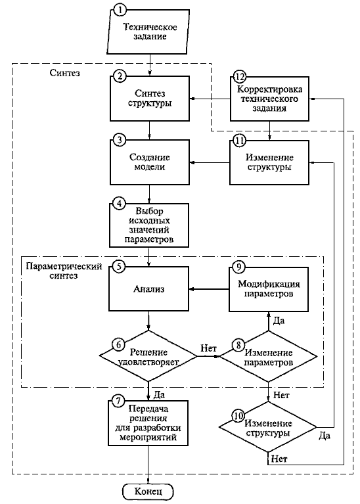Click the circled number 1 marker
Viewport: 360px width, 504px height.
pyautogui.click(x=120, y=10)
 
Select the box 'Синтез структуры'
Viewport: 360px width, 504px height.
pyautogui.click(x=150, y=99)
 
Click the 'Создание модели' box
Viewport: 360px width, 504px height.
pyautogui.click(x=150, y=162)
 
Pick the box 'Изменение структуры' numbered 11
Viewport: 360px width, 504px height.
pyautogui.click(x=269, y=162)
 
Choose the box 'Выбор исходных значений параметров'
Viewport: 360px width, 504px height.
pyautogui.click(x=149, y=225)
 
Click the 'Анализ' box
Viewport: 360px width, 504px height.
pyautogui.click(x=148, y=289)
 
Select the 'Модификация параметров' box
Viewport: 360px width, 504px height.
pyautogui.click(x=269, y=289)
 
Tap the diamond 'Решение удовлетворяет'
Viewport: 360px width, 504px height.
pyautogui.click(x=148, y=356)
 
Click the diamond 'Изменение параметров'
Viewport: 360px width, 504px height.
pyautogui.click(x=269, y=357)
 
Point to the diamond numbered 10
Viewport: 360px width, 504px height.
pyautogui.click(x=268, y=428)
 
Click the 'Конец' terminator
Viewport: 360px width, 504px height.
pyautogui.click(x=148, y=492)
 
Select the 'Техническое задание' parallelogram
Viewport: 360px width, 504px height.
pyautogui.click(x=150, y=32)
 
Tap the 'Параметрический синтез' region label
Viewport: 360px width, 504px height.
pyautogui.click(x=64, y=271)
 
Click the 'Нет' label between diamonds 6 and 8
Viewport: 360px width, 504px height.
pyautogui.click(x=208, y=348)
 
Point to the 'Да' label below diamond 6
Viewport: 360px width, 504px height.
pyautogui.click(x=159, y=394)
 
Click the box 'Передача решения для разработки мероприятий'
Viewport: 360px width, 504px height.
pyautogui.click(x=148, y=423)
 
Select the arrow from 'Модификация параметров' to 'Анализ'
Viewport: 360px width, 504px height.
pyautogui.click(x=209, y=289)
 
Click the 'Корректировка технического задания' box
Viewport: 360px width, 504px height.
pyautogui.click(x=270, y=99)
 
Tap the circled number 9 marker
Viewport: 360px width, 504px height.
pyautogui.click(x=238, y=267)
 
